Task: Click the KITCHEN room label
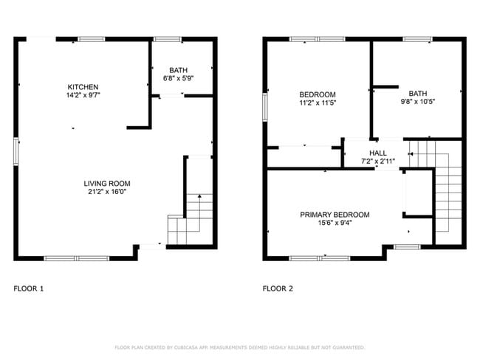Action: click(x=83, y=86)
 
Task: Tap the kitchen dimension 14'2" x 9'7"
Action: click(x=83, y=95)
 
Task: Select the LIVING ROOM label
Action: click(x=106, y=184)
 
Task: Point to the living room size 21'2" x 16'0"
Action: click(x=106, y=193)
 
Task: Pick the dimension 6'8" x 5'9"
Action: click(x=178, y=77)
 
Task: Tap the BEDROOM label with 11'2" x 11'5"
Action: click(x=317, y=94)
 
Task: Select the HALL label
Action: click(x=378, y=153)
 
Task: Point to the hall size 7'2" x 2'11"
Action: click(x=378, y=161)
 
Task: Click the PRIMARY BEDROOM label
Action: click(x=335, y=215)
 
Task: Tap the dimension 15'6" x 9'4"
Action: click(x=335, y=223)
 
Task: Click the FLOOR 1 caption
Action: click(x=29, y=288)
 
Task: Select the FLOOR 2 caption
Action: click(x=278, y=288)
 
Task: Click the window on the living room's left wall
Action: click(x=16, y=150)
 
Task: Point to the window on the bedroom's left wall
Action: click(x=265, y=105)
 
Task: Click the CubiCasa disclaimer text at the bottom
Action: click(x=239, y=347)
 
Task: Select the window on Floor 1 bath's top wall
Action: click(x=168, y=38)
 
